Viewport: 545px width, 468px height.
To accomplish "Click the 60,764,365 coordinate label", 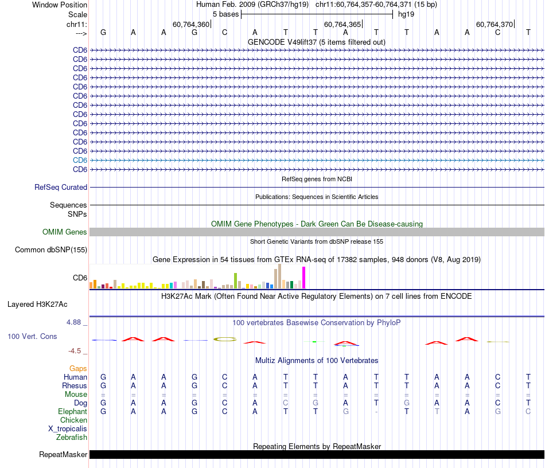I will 342,24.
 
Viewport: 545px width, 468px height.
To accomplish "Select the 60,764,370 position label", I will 495,24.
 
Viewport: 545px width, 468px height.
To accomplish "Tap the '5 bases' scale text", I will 223,14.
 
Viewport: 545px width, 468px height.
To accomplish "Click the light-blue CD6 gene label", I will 80,160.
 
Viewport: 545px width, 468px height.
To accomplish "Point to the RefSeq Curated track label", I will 61,187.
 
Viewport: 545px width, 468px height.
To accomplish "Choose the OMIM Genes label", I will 65,232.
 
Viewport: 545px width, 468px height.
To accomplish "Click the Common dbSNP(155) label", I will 51,249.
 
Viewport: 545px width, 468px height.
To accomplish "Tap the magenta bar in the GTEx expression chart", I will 304,278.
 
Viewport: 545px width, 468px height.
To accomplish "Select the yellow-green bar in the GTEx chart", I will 235,280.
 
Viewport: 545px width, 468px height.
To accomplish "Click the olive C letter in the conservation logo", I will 225,339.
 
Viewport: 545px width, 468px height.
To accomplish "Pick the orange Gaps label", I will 78,368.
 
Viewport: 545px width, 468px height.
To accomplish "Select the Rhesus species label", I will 75,385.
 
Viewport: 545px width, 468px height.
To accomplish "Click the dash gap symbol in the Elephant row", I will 376,411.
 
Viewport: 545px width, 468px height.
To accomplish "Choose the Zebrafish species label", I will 72,437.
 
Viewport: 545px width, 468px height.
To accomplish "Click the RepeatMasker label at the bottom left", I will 63,455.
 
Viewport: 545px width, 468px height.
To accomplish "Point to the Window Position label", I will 60,5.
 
